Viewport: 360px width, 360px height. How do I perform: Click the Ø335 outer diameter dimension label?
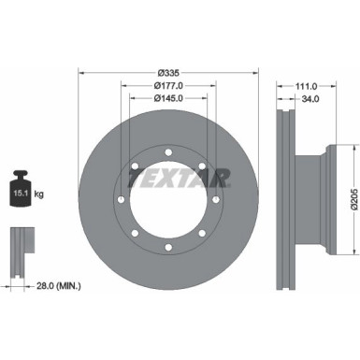tap(169, 72)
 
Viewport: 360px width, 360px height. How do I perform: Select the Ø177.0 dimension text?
tap(169, 85)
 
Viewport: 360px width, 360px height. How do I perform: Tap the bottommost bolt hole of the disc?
tap(169, 247)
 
